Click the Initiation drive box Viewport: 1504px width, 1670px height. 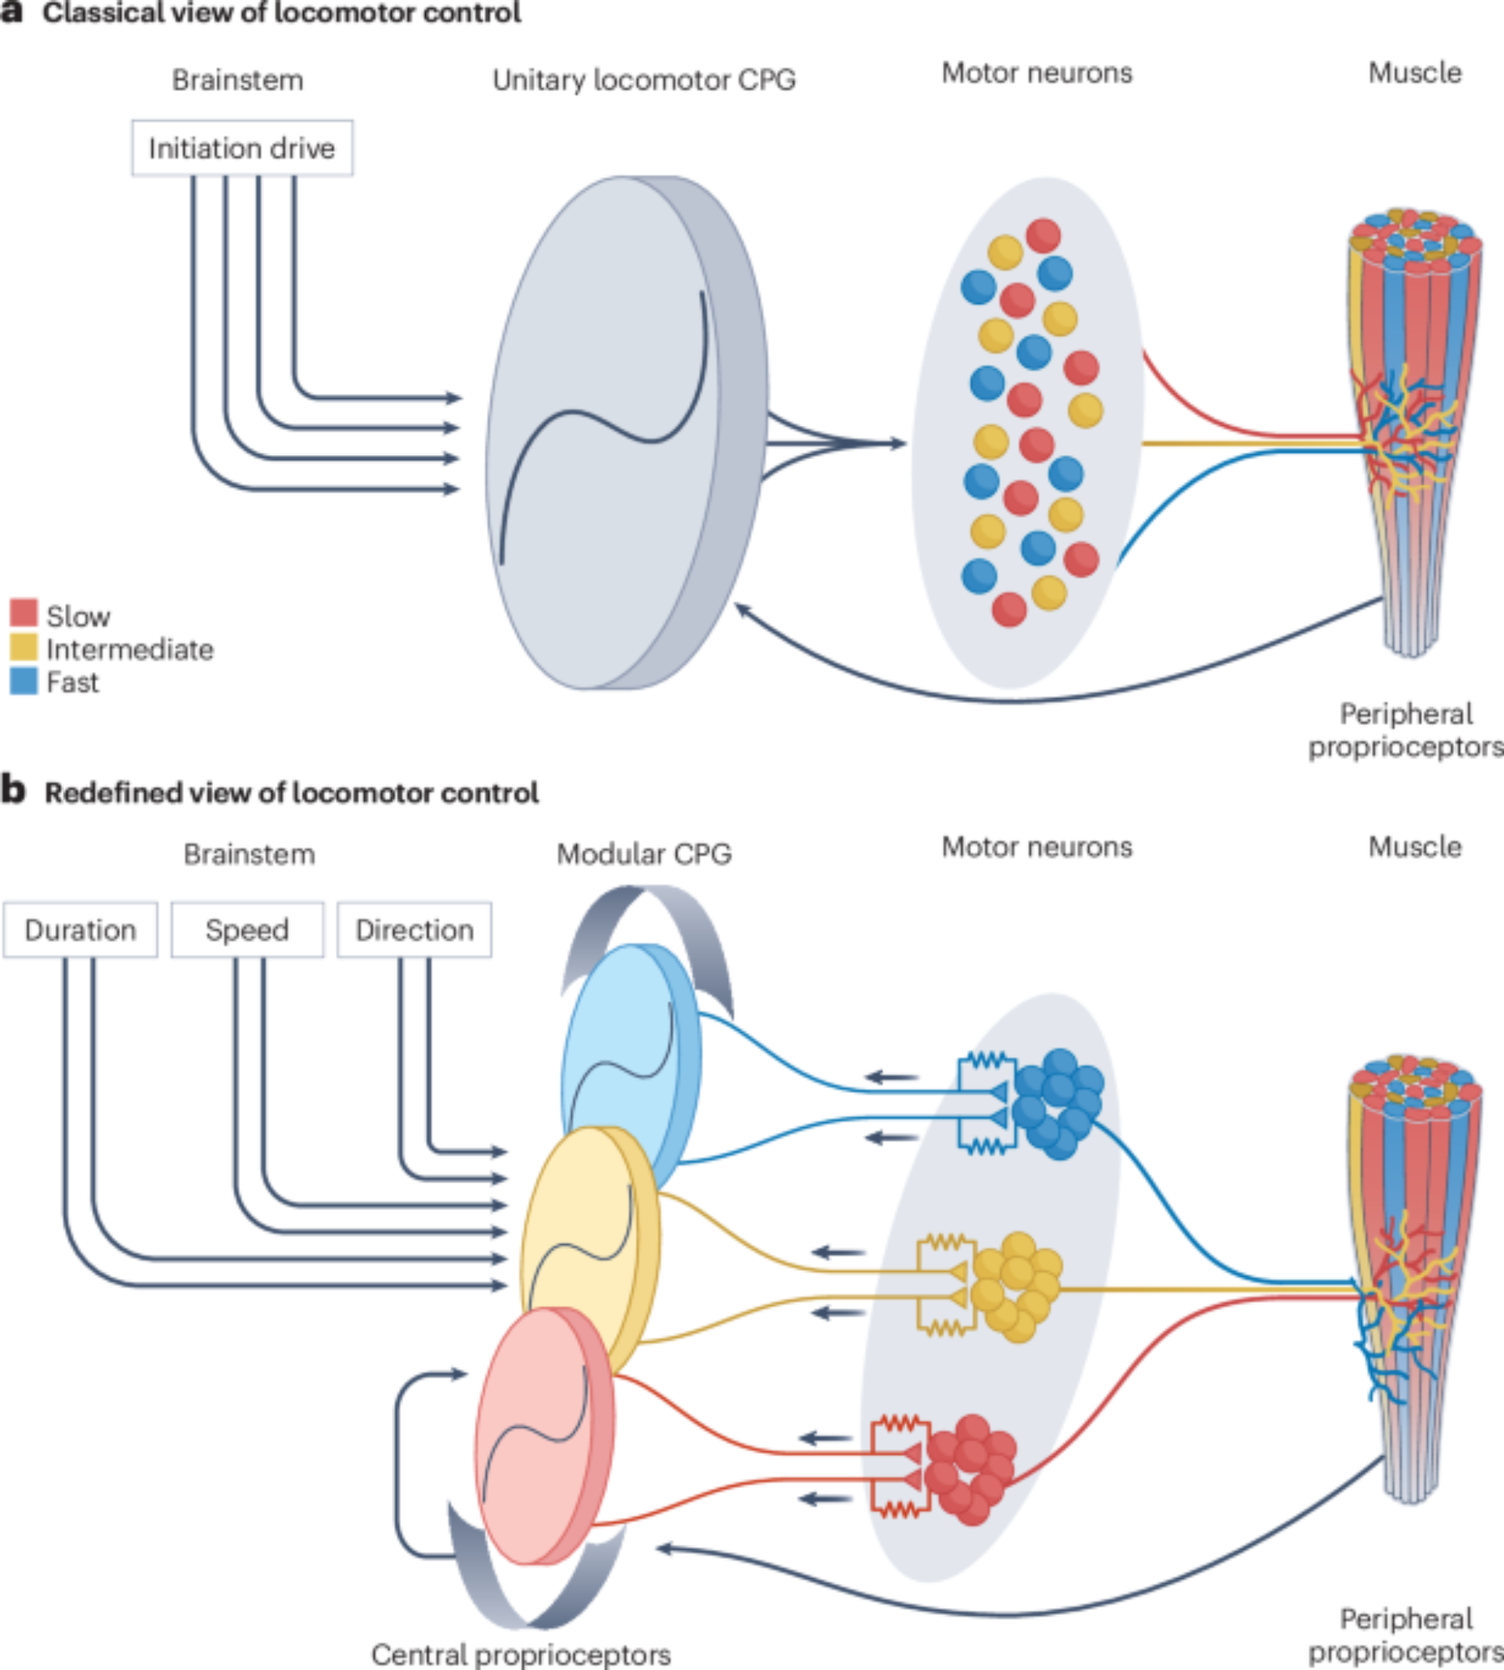point(242,148)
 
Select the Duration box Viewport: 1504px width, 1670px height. point(80,929)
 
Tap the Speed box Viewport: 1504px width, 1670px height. point(247,929)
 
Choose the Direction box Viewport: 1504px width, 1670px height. point(414,929)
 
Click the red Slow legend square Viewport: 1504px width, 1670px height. point(23,612)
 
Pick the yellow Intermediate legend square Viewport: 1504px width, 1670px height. point(23,646)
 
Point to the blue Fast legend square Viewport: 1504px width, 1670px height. point(23,681)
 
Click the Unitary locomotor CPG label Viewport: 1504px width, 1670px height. point(644,80)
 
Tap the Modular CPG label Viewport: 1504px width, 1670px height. point(644,853)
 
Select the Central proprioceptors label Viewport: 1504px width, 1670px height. point(521,1654)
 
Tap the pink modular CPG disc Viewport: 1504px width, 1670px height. point(539,1436)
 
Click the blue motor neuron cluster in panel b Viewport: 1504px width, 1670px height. point(1057,1102)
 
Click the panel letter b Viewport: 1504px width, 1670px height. point(13,790)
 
